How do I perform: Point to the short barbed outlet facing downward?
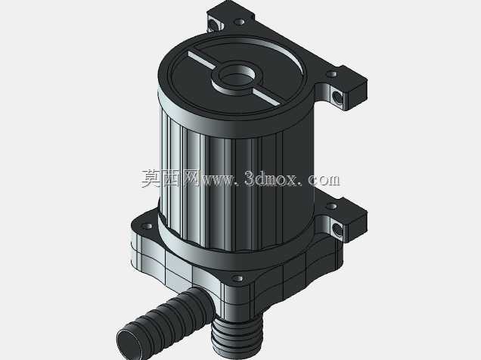pyautogui.click(x=237, y=335)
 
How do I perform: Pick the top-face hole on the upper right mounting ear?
pyautogui.click(x=331, y=74)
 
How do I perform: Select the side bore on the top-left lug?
pyautogui.click(x=213, y=24)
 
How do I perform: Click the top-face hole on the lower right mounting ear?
pyautogui.click(x=331, y=206)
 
